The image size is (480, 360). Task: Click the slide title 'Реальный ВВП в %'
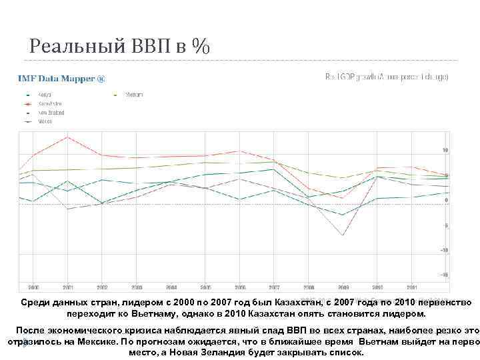pyautogui.click(x=119, y=46)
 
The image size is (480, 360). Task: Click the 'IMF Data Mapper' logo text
pyautogui.click(x=61, y=79)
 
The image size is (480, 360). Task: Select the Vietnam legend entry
pyautogui.click(x=135, y=95)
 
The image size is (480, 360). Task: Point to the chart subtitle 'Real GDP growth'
pyautogui.click(x=386, y=77)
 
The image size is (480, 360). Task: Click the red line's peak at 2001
pyautogui.click(x=67, y=137)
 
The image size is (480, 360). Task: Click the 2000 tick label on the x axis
pyautogui.click(x=33, y=287)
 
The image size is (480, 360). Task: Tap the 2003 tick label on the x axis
pyautogui.click(x=136, y=287)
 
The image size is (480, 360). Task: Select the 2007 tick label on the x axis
pyautogui.click(x=274, y=287)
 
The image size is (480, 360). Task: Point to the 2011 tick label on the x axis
pyautogui.click(x=411, y=287)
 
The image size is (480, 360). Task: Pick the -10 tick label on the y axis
pyautogui.click(x=444, y=250)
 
